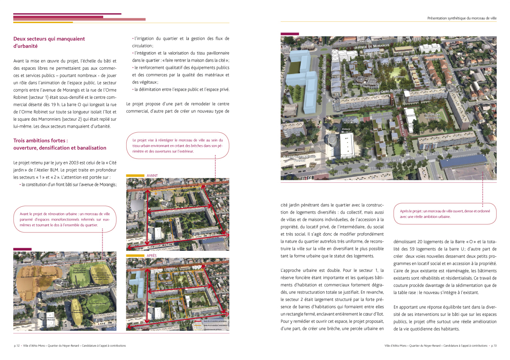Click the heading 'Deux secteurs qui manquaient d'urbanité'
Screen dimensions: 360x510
click(49, 42)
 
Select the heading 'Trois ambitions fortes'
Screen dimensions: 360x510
click(60, 144)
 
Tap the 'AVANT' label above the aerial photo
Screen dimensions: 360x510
click(152, 176)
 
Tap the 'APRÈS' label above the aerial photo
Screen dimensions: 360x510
click(152, 256)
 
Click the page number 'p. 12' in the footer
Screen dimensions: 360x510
click(18, 345)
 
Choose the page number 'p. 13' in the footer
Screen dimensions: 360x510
click(493, 345)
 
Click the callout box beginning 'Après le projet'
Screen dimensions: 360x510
click(445, 214)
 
